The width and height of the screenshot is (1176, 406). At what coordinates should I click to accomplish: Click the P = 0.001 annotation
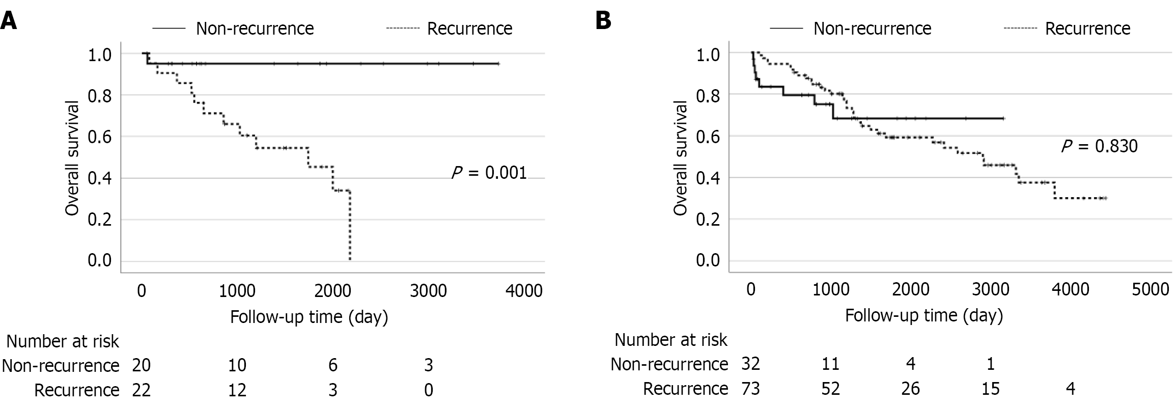tap(489, 173)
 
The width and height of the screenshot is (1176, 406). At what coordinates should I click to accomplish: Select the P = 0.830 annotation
tap(1099, 147)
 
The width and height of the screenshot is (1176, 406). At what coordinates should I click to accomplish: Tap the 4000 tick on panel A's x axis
tap(524, 290)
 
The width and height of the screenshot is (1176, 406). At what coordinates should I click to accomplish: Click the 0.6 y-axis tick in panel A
tap(100, 137)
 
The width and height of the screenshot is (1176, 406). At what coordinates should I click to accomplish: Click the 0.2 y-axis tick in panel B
tap(708, 219)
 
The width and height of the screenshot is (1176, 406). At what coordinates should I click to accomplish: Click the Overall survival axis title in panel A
tap(72, 158)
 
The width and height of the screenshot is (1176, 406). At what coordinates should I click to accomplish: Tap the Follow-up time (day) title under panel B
tap(923, 315)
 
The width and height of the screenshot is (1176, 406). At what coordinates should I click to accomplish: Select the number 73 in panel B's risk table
tap(750, 389)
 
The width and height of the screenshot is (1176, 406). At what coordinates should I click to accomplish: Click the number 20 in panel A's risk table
tap(141, 365)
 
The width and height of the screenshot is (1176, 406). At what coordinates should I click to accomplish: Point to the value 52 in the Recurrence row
tap(830, 389)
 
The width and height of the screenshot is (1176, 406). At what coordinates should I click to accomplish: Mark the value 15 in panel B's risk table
tap(990, 389)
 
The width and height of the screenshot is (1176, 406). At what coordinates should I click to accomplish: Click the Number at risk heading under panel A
tap(63, 341)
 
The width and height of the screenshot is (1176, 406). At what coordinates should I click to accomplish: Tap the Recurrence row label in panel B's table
tap(685, 389)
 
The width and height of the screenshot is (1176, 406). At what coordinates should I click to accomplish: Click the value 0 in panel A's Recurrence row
tap(429, 390)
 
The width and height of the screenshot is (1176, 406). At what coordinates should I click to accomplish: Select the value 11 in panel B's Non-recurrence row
tap(830, 364)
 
